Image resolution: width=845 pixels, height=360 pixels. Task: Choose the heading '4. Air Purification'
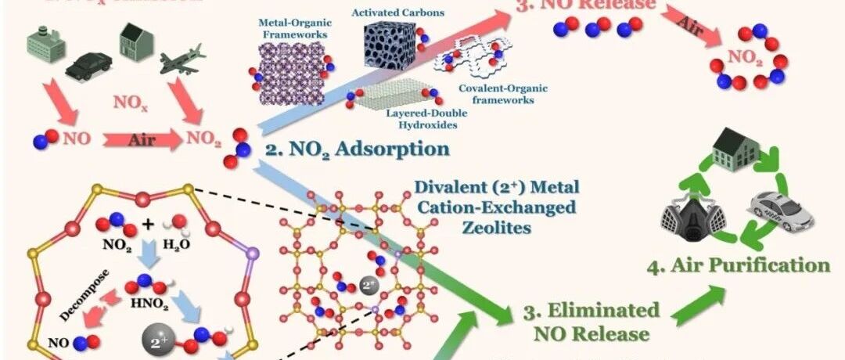(739, 265)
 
